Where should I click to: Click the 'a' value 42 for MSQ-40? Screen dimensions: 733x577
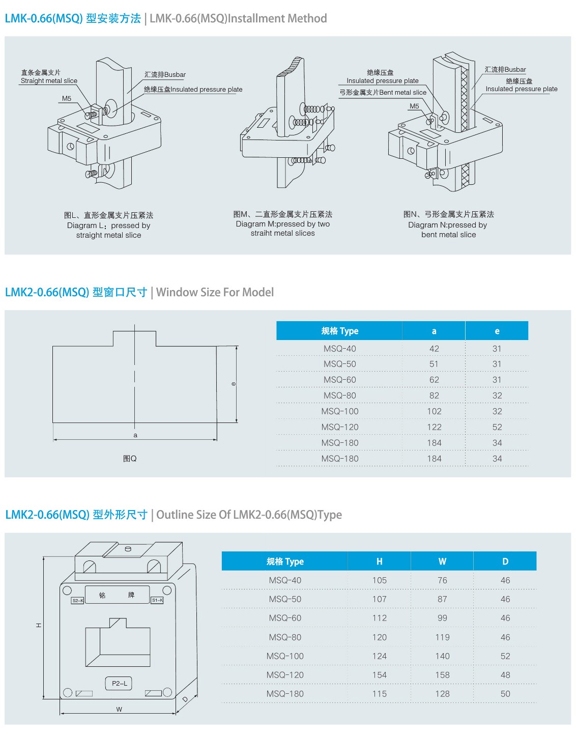434,349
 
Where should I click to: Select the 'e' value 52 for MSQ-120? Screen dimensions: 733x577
497,427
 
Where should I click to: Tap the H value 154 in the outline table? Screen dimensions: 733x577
380,675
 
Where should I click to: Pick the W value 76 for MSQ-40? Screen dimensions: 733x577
442,580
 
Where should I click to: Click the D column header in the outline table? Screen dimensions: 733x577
505,561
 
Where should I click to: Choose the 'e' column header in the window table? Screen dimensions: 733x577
497,331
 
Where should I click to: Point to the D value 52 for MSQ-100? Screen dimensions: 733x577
505,656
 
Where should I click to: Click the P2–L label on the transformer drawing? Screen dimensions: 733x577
120,683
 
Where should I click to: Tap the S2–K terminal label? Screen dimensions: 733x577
78,601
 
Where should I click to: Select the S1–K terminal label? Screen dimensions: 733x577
157,601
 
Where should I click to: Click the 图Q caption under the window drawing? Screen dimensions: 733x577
130,459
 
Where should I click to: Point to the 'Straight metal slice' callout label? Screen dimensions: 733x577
49,81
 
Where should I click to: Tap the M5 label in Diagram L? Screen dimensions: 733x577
67,99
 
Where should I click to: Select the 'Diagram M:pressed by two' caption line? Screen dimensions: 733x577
283,224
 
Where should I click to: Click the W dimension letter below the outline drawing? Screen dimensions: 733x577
119,709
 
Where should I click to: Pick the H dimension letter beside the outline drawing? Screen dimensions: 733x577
39,625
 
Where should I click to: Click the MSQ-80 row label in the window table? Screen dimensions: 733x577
340,396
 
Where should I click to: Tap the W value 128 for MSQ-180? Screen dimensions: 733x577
442,694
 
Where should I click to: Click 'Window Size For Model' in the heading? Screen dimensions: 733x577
215,292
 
